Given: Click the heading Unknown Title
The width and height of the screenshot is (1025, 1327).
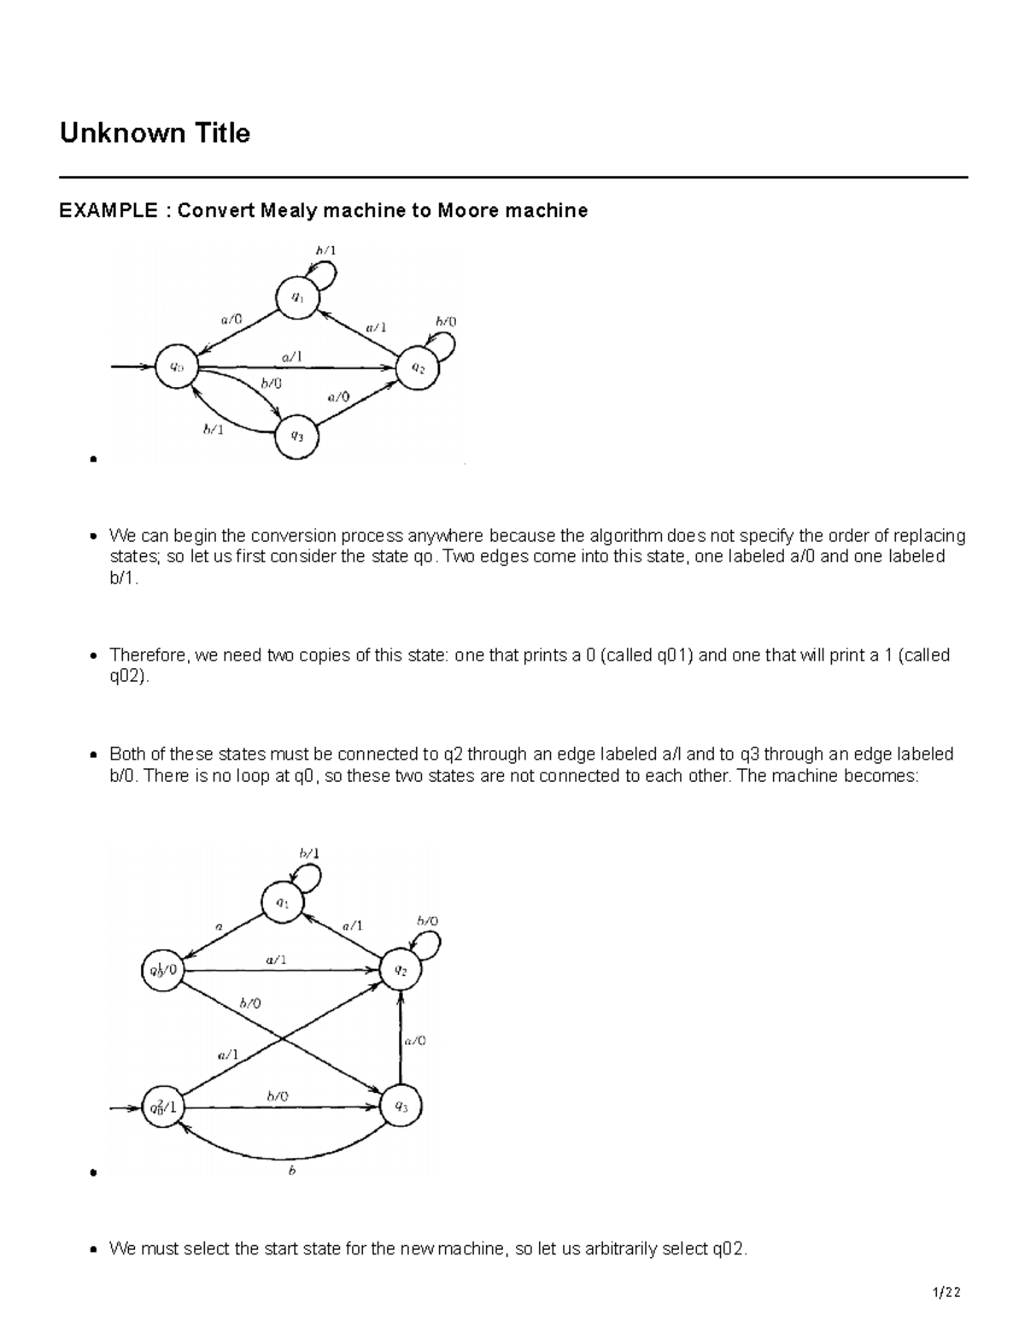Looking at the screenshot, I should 155,133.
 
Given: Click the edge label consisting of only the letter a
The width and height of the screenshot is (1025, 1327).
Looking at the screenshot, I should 218,925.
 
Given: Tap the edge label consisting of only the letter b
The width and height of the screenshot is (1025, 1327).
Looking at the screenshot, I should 291,1171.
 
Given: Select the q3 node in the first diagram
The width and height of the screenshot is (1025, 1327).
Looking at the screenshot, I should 296,435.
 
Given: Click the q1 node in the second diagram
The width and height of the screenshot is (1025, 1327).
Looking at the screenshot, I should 283,902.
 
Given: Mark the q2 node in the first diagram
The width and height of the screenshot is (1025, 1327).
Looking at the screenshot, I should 418,368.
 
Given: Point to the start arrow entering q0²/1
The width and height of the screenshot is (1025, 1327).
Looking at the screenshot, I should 125,1108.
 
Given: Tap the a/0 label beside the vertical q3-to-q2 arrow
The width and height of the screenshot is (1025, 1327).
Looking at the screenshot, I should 415,1040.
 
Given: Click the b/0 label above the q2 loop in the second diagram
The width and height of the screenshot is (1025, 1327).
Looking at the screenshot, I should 428,921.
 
